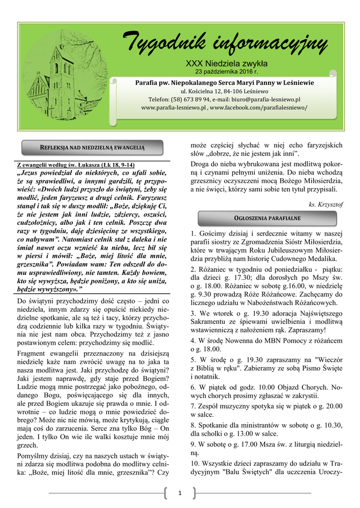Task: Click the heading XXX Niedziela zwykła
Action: coord(226,63)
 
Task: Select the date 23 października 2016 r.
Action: coord(226,72)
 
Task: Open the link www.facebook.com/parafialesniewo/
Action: coord(259,107)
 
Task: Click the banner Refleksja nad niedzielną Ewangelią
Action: coord(93,147)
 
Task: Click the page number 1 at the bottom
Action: coord(180,492)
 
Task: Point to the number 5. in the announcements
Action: coord(193,359)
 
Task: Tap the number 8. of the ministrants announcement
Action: coord(193,425)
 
